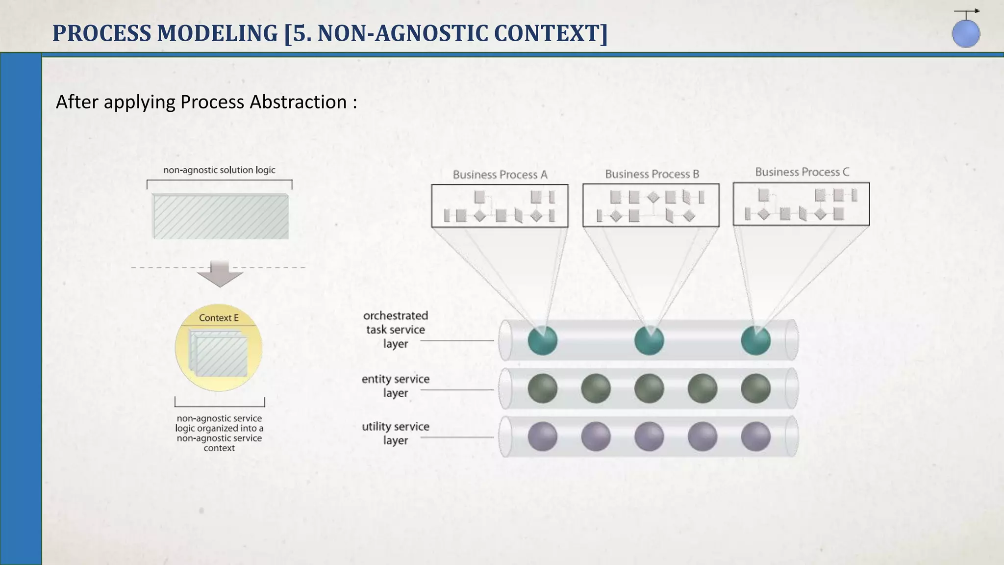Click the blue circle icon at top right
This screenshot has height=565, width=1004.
[x=966, y=33]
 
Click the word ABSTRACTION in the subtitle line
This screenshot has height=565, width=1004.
[x=299, y=102]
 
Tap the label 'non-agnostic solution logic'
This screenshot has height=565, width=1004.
[x=219, y=170]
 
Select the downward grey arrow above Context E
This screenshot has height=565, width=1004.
[x=220, y=274]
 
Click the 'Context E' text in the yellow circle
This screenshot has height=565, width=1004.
[x=219, y=318]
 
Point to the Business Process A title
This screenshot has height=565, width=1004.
[x=500, y=175]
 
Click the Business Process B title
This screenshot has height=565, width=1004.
[x=652, y=174]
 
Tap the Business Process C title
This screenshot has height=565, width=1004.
[x=802, y=172]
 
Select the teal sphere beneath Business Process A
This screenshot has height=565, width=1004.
[x=542, y=340]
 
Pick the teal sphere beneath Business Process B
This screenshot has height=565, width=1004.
[x=649, y=340]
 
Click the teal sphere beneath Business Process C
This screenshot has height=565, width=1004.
[x=755, y=340]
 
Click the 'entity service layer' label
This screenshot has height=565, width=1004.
[x=395, y=385]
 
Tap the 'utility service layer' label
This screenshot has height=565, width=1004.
[x=395, y=433]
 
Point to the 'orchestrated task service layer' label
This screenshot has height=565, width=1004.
[x=395, y=330]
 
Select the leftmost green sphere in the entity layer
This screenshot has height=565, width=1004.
[x=542, y=388]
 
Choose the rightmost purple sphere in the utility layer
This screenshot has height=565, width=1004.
[x=755, y=437]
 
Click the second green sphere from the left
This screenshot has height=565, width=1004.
[x=596, y=388]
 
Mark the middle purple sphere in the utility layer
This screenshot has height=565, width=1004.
[x=649, y=437]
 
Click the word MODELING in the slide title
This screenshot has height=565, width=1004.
[x=218, y=33]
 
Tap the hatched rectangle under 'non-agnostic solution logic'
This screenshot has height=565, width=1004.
[x=221, y=217]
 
